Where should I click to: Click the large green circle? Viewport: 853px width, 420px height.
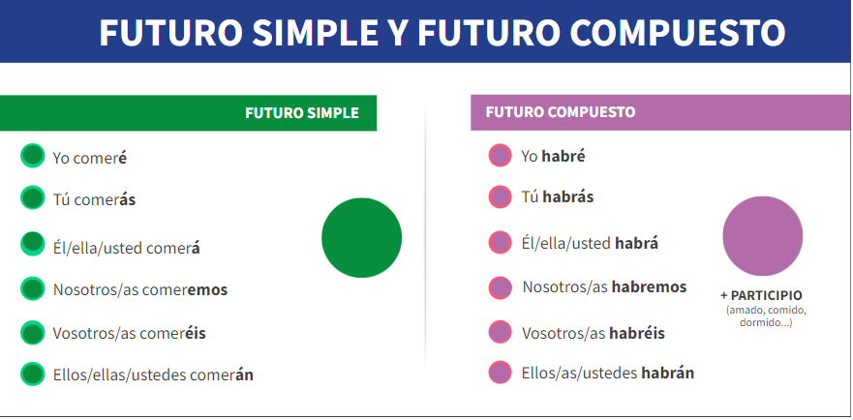[x=362, y=238]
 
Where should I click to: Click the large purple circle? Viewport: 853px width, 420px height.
[x=763, y=236]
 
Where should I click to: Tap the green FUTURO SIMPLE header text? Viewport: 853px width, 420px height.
[x=302, y=112]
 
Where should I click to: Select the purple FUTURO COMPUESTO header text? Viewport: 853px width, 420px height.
[x=561, y=112]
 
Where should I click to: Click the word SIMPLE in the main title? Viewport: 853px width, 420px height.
[x=315, y=32]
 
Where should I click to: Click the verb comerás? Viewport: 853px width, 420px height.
[x=105, y=200]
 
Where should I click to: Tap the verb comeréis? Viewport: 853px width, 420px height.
[x=172, y=332]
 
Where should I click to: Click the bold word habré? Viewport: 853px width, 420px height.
[x=564, y=156]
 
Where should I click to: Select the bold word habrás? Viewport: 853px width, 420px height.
[x=568, y=196]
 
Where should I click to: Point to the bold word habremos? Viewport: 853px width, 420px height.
[x=650, y=286]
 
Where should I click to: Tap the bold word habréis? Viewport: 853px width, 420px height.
[x=637, y=332]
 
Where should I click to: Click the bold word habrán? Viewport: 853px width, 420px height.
[x=667, y=373]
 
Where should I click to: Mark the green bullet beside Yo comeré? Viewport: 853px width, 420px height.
[x=33, y=156]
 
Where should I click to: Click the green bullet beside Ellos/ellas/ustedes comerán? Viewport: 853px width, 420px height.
[x=33, y=374]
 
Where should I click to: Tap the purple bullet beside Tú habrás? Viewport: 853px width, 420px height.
[x=500, y=196]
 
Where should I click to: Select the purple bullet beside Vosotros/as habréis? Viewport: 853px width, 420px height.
[x=500, y=332]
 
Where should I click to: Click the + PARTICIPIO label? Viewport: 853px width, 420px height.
[x=761, y=295]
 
